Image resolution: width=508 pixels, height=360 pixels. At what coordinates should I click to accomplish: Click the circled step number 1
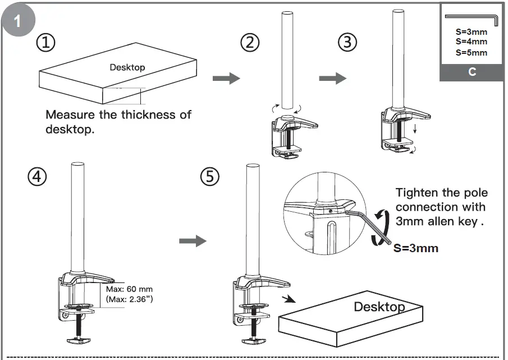45,42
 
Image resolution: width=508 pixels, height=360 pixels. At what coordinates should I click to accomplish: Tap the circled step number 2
250,42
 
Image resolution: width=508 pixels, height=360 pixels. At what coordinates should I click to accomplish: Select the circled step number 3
347,42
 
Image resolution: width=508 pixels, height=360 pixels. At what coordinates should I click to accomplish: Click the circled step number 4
36,177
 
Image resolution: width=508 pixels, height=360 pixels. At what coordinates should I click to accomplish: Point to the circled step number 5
209,177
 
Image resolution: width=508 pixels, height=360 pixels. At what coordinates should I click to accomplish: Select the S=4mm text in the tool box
472,42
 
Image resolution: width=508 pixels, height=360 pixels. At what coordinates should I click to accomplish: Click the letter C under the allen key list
472,72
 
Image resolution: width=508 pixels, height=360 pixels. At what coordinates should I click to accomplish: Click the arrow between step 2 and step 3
332,78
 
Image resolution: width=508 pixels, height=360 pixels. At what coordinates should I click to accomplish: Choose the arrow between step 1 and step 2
226,78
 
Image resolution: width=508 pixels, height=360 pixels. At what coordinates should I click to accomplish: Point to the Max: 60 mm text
129,289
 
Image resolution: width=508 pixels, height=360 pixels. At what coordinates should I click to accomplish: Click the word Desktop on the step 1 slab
127,67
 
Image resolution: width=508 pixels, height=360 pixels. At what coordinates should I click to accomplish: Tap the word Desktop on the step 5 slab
379,307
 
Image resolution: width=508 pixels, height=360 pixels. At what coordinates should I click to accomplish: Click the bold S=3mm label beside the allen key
415,248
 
